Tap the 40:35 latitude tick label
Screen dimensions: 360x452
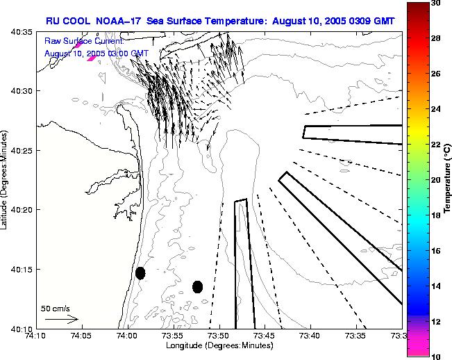coord(21,33)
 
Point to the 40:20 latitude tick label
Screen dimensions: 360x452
coord(21,210)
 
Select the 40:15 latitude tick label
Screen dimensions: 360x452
coord(21,270)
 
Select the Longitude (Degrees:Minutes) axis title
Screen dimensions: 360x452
coord(220,346)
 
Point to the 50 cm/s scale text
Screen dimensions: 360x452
coord(56,308)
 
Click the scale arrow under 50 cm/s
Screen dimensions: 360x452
coord(62,319)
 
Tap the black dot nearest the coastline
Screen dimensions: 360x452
coord(140,273)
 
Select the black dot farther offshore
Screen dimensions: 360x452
coord(197,286)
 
